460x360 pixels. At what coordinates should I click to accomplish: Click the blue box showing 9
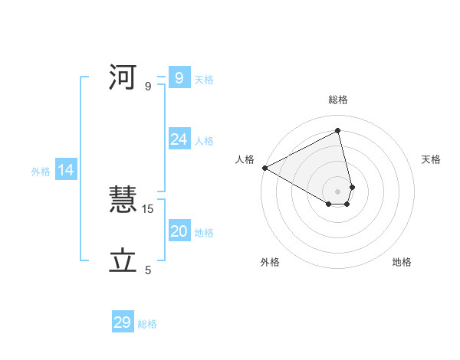tap(179, 77)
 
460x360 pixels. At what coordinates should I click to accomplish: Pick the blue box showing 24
tap(179, 139)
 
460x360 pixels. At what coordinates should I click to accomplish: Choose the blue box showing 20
tap(179, 231)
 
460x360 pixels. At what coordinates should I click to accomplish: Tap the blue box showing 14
tap(66, 170)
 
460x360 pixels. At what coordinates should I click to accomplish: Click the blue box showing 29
tap(123, 322)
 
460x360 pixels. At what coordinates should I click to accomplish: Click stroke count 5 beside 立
tap(148, 270)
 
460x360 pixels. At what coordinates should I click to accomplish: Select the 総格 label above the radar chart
tap(338, 100)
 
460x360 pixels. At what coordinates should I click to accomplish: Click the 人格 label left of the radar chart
tap(245, 159)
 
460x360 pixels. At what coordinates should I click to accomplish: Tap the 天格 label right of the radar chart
tap(432, 159)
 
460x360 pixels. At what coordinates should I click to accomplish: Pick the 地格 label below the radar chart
tap(402, 262)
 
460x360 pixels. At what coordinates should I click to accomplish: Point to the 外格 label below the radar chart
tap(270, 262)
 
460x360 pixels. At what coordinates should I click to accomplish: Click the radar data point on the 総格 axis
tap(338, 130)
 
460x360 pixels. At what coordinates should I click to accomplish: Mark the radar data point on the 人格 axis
tap(264, 168)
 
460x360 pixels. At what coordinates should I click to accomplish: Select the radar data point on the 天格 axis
tap(352, 187)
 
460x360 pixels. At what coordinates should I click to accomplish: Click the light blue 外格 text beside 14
tap(41, 172)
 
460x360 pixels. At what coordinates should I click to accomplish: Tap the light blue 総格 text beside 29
tap(147, 324)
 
